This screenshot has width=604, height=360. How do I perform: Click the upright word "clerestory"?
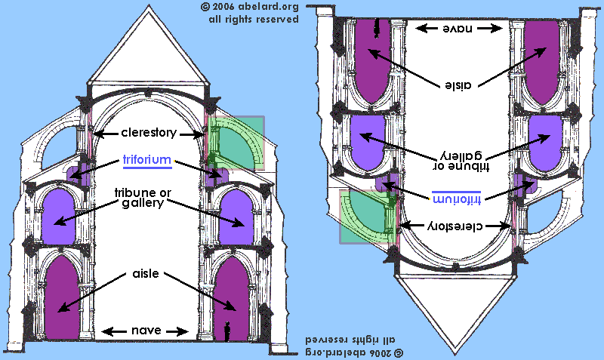point(148,134)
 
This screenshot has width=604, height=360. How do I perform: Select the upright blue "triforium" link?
point(148,161)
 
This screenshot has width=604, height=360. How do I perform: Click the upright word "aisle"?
point(146,274)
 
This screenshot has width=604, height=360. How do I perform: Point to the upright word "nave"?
point(145,331)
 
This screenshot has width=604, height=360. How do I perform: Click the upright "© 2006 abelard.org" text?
point(250,7)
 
